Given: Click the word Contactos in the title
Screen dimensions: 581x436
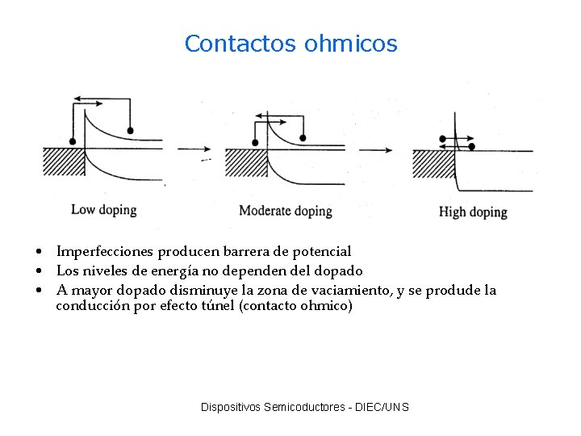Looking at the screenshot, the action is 241,44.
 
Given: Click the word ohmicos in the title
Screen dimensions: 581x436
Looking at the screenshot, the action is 351,44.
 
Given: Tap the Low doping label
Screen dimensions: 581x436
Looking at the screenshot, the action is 104,210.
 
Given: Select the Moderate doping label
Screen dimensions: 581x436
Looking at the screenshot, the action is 286,211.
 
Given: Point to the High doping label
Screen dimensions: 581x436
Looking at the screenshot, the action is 473,212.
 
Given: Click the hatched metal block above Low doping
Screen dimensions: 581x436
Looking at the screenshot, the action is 62,161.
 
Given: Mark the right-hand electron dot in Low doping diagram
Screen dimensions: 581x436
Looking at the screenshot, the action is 130,130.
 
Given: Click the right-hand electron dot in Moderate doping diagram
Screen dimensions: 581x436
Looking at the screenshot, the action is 303,136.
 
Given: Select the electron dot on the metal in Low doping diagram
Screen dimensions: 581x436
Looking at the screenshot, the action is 73,141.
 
